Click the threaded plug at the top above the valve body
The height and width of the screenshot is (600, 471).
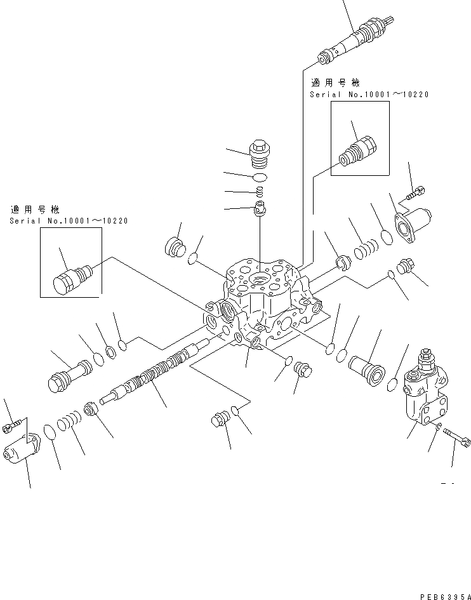pyautogui.click(x=258, y=153)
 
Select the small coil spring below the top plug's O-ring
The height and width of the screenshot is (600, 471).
pyautogui.click(x=260, y=192)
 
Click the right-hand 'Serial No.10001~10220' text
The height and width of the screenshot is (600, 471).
pyautogui.click(x=369, y=95)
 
